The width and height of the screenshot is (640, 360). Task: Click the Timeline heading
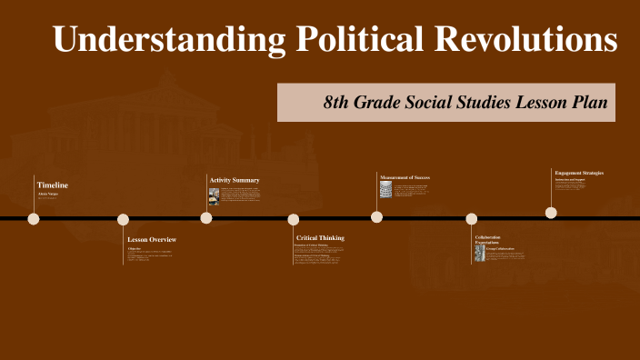coord(53,185)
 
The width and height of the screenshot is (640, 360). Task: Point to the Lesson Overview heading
coord(152,239)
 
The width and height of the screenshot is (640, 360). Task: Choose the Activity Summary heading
coord(235,180)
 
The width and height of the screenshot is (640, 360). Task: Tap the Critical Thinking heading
coord(320,238)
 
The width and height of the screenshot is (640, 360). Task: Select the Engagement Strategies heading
coord(579,172)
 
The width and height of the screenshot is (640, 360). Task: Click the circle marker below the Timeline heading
coord(34,218)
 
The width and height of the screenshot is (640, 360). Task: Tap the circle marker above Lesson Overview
coord(123,219)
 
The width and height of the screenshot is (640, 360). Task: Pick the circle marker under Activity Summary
coord(206,218)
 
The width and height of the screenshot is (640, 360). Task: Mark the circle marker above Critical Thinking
coord(294,219)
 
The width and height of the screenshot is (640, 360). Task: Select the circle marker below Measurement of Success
coord(376,216)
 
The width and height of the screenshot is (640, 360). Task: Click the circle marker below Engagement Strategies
coord(551,213)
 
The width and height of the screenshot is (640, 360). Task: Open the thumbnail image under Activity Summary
coord(214,195)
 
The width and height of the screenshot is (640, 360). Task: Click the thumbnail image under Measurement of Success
coord(385,189)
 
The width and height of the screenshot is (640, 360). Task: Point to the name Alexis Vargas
coord(47,195)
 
